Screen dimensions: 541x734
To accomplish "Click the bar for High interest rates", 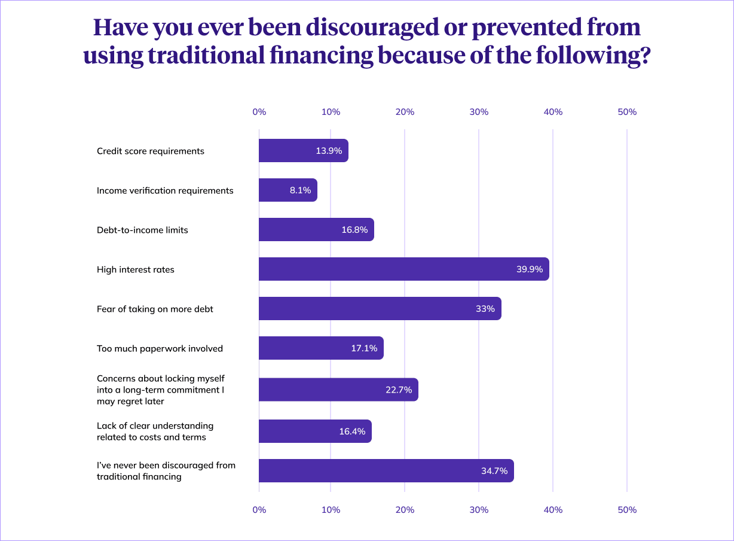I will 403,269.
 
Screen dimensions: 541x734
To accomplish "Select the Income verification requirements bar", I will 288,190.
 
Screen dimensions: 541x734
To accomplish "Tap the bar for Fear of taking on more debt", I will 380,309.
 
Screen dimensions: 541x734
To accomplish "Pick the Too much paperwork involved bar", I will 321,348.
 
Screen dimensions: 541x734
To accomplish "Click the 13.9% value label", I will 329,151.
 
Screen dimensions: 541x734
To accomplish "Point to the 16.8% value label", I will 354,230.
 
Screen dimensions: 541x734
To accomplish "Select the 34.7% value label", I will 494,471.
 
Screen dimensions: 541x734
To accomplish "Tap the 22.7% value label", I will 399,390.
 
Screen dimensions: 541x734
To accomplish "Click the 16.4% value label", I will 352,431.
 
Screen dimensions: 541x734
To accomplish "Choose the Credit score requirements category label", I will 151,151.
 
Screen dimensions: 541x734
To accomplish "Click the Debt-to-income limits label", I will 142,230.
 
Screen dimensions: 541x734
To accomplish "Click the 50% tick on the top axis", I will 627,112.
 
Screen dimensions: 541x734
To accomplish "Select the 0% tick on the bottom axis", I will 259,510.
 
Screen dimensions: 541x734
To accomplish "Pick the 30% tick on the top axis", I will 479,112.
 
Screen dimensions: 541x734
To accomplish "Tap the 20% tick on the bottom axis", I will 405,510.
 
